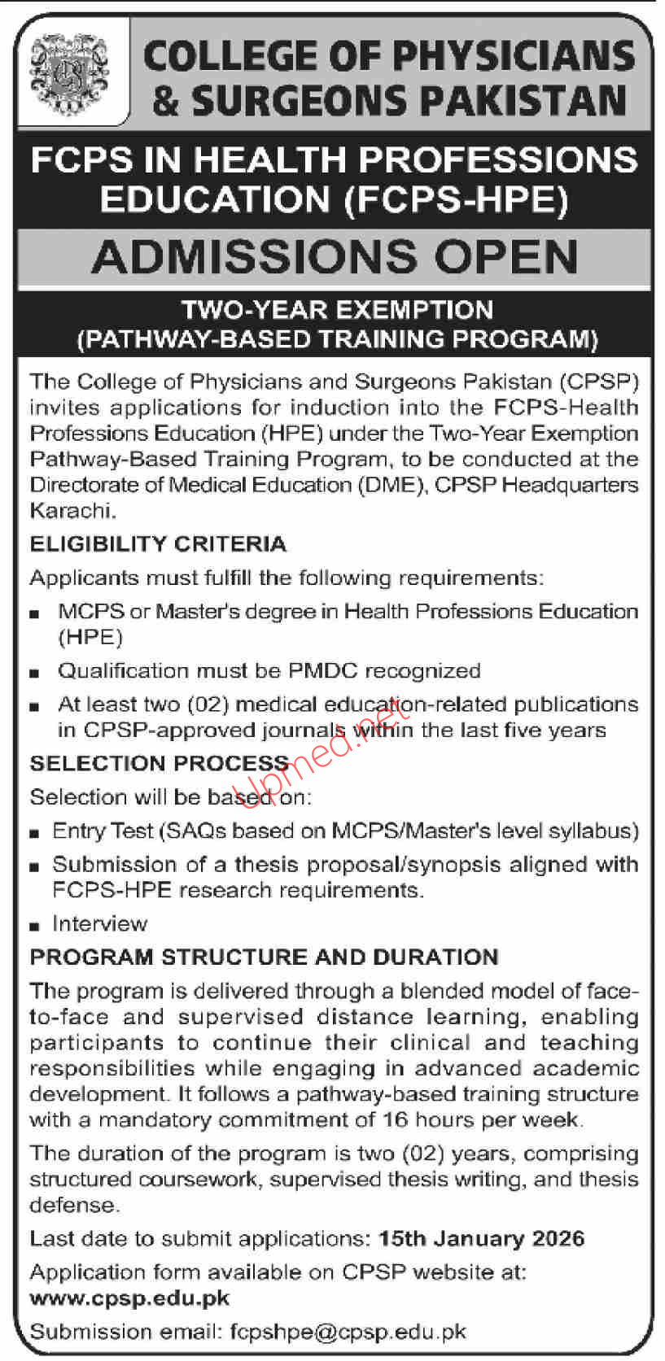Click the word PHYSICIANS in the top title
click(513, 56)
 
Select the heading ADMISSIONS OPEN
click(334, 257)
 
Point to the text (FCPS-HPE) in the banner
click(456, 199)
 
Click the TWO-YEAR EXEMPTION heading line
click(337, 310)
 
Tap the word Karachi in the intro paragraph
click(72, 511)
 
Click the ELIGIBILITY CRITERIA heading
click(158, 543)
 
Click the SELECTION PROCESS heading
click(160, 763)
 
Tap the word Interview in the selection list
click(99, 923)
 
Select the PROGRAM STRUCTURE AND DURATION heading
click(264, 957)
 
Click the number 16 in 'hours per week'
click(395, 1119)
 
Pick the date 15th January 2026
click(481, 1238)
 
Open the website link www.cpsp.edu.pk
click(129, 1298)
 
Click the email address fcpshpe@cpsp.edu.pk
click(348, 1332)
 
